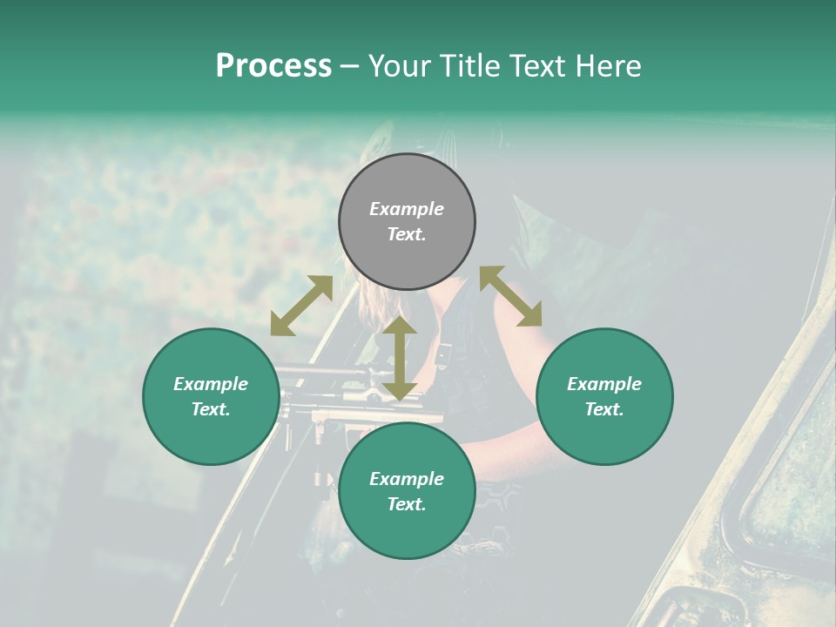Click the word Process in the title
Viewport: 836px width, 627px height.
[x=273, y=66]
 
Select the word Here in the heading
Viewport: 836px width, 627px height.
[x=608, y=66]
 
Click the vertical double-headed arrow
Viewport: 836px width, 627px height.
[x=400, y=358]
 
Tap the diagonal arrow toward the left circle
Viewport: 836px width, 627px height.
[x=301, y=306]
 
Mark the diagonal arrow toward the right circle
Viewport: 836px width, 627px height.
[x=510, y=296]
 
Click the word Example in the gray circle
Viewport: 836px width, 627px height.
[x=407, y=209]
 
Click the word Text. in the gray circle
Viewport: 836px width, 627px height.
[x=407, y=234]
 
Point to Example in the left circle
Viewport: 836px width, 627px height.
[x=211, y=384]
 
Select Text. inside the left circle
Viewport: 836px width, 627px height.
[x=211, y=409]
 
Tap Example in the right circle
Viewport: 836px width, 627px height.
[x=604, y=384]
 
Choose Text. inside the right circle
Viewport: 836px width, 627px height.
[x=604, y=409]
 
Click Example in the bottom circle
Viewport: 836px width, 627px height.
[x=407, y=479]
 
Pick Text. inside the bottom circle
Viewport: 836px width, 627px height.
[x=407, y=504]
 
